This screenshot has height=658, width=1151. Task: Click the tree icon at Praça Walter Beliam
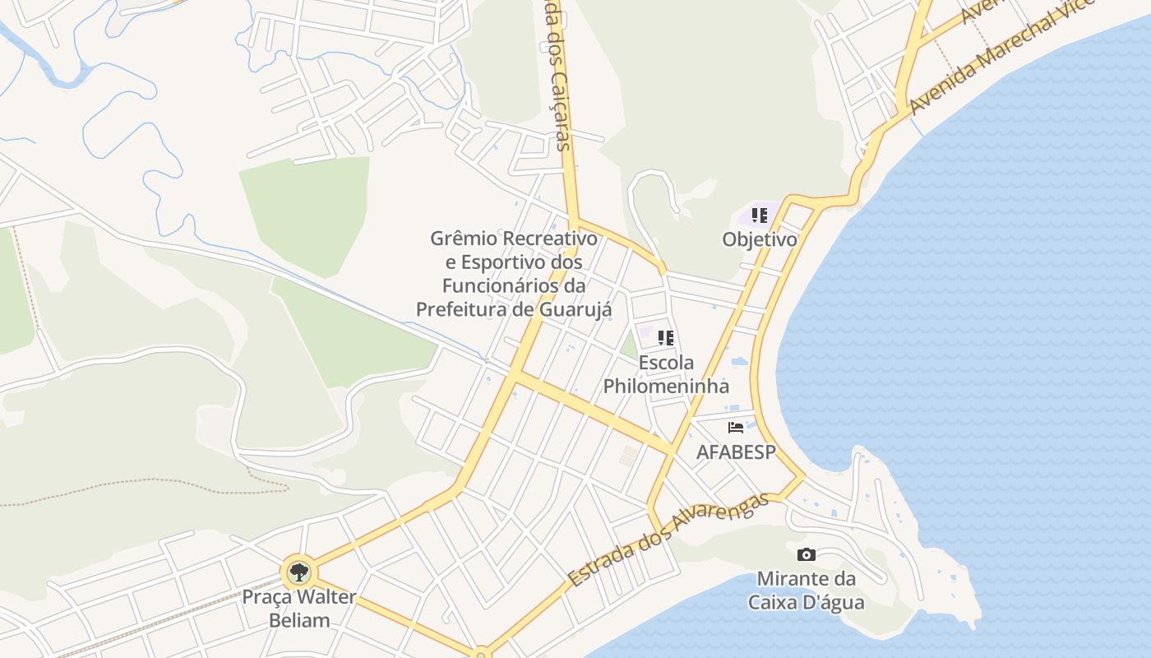[298, 572]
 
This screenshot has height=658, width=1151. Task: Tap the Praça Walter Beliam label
[298, 608]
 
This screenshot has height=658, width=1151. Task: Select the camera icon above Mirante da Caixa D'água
[806, 554]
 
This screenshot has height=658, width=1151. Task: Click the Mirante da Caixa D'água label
[806, 591]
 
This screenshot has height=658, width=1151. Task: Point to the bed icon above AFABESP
[736, 428]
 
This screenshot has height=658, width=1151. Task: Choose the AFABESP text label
[736, 452]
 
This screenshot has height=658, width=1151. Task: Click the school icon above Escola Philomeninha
[666, 337]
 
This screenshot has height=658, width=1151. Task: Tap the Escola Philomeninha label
[666, 374]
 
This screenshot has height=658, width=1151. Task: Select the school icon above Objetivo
[760, 215]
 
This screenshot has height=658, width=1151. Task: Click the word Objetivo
[760, 239]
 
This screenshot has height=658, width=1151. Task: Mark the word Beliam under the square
[299, 619]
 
